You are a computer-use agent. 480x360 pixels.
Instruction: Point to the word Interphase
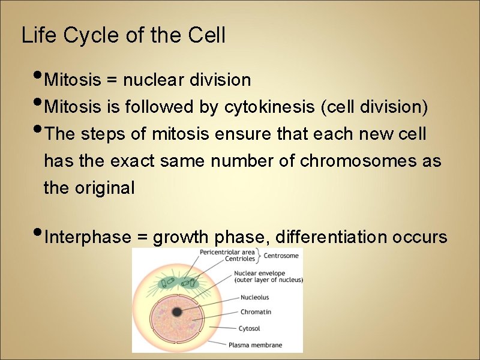pos(87,238)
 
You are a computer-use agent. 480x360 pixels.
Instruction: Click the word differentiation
pos(331,238)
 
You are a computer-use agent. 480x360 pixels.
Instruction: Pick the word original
pos(106,188)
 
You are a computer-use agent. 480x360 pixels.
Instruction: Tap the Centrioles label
pos(240,259)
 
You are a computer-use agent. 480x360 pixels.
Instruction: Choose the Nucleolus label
pos(254,297)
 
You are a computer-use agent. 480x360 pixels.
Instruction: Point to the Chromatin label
pos(256,312)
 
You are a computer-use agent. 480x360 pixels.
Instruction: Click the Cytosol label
pos(250,328)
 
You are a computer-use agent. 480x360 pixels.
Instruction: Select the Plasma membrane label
pos(255,345)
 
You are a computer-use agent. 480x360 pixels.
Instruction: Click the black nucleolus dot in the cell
pos(177,311)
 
